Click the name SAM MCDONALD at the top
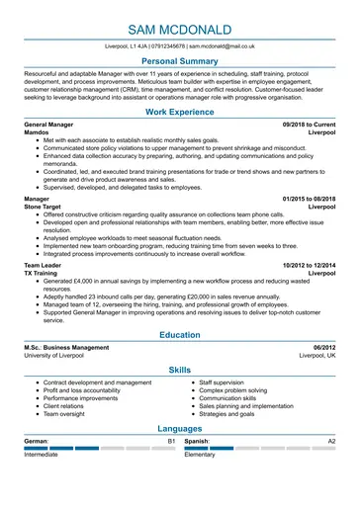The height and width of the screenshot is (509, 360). [180, 24]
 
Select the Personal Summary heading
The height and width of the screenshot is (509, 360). [180, 61]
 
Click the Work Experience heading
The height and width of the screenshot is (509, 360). [180, 113]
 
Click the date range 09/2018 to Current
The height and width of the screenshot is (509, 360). [309, 126]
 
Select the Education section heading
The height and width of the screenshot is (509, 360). [180, 335]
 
